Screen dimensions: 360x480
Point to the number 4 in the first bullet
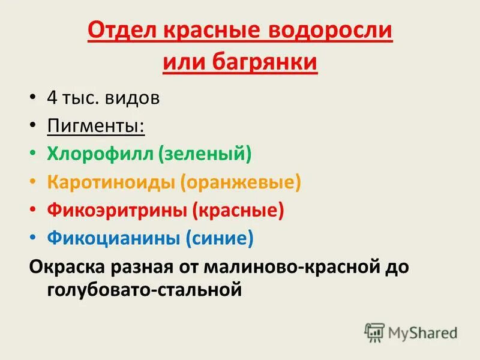(x=52, y=98)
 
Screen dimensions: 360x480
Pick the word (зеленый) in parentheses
(x=205, y=155)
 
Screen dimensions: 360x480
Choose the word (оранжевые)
(x=241, y=183)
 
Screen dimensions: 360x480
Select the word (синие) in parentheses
(x=219, y=239)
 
